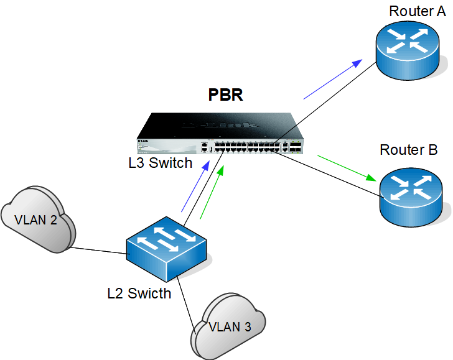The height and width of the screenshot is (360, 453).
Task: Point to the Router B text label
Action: coord(409,150)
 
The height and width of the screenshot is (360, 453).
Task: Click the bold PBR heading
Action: coord(225,96)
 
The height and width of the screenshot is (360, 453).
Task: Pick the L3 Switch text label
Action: coord(161,163)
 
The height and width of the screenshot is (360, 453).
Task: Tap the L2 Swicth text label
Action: coord(139,293)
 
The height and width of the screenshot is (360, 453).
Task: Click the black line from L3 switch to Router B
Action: coord(330,175)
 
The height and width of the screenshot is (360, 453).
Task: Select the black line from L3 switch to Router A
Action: coord(336,87)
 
